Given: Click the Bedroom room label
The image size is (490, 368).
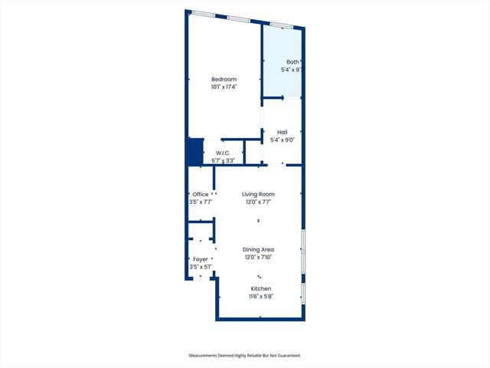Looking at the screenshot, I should tap(224, 79).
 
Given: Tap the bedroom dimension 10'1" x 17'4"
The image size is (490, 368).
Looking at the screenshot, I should tap(224, 87).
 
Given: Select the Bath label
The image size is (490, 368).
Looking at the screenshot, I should tap(292, 62).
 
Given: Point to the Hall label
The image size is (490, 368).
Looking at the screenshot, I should tap(283, 132).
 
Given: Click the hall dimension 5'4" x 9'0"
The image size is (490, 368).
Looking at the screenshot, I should tap(283, 140).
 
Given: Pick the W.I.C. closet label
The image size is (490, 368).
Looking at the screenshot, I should tap(223, 153).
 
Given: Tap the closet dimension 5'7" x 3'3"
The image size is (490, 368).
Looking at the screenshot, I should tap(223, 160).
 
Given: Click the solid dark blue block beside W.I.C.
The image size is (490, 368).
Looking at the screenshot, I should tap(195, 151).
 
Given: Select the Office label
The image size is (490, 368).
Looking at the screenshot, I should tap(201, 195).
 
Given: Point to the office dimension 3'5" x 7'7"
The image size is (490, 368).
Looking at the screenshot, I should tap(201, 202).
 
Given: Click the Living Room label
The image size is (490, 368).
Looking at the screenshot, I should tap(259, 195).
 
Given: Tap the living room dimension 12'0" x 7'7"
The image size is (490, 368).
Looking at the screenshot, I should tap(259, 202).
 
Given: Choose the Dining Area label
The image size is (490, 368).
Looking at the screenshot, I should tap(259, 250).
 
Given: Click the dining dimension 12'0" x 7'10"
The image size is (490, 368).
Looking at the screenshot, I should tap(259, 258).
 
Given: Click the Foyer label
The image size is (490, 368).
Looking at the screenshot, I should tap(201, 259).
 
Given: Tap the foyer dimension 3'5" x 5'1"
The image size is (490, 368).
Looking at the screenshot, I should tap(201, 267).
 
